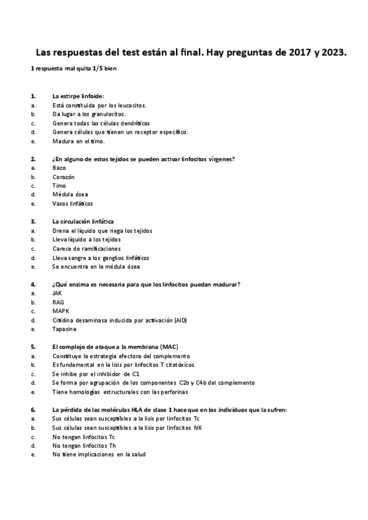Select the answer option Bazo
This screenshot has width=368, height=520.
point(59,167)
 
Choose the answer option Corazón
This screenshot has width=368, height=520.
point(63,177)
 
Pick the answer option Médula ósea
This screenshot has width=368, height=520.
point(71,194)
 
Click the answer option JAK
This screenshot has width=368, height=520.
point(58,293)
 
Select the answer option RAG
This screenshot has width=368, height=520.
point(58,302)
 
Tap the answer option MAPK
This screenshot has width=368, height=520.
point(61,311)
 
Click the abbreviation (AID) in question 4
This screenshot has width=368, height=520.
point(180,320)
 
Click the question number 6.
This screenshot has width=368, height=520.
point(33,410)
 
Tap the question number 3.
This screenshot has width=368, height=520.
point(33,221)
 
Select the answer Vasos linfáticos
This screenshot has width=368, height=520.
point(73,204)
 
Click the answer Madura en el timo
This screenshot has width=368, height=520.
point(79,141)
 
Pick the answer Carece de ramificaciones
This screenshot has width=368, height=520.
point(90,248)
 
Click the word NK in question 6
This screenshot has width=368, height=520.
point(197,427)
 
